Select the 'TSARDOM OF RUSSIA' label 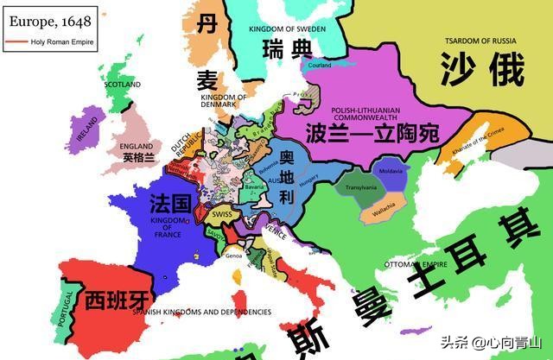(482, 40)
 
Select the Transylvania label (361, 187)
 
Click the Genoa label (233, 256)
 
